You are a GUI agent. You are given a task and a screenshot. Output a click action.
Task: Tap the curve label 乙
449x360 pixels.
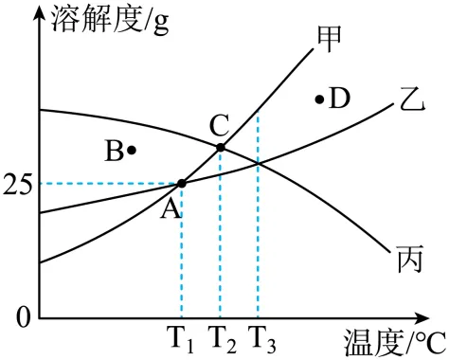pyautogui.click(x=409, y=97)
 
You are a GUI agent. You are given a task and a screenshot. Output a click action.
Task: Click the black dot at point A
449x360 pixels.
pyautogui.click(x=182, y=183)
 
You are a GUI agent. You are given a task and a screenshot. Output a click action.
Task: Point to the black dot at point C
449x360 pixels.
pyautogui.click(x=221, y=147)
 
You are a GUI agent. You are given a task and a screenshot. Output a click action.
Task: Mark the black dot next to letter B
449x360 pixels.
pyautogui.click(x=132, y=149)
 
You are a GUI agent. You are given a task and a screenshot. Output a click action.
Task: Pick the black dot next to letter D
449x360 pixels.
pyautogui.click(x=319, y=99)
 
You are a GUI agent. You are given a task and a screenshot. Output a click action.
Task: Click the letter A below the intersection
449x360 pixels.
pyautogui.click(x=171, y=210)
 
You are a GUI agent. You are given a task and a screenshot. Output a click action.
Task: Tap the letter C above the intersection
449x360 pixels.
pyautogui.click(x=219, y=124)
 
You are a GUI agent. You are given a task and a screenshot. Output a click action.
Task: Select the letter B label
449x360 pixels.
pyautogui.click(x=113, y=150)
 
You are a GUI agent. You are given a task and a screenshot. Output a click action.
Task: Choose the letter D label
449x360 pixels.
pyautogui.click(x=339, y=98)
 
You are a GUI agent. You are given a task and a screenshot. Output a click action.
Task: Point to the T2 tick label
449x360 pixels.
pyautogui.click(x=222, y=336)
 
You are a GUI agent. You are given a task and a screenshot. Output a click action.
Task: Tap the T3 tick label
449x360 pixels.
pyautogui.click(x=261, y=336)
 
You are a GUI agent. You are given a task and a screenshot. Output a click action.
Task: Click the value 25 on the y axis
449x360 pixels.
pyautogui.click(x=19, y=184)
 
